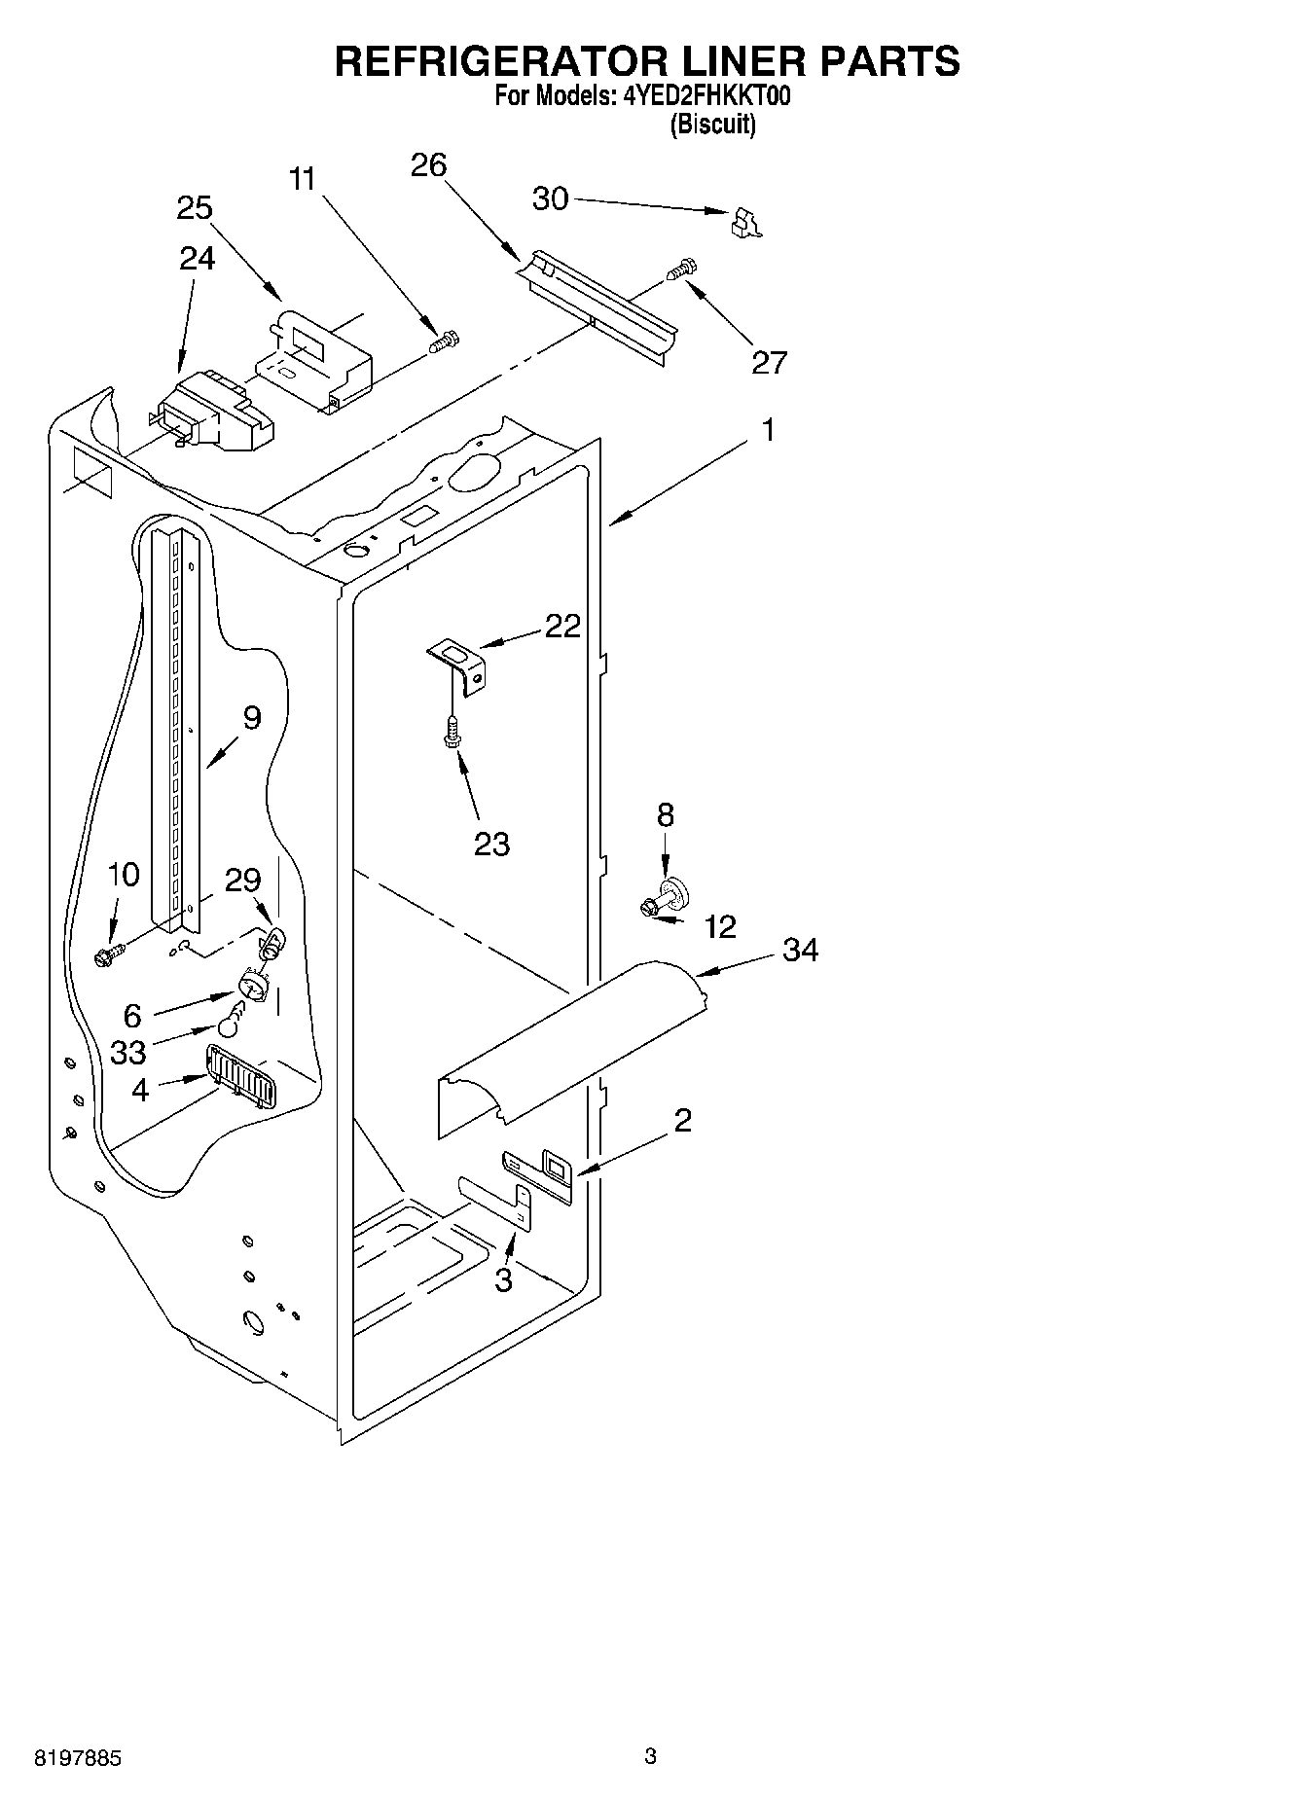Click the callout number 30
550,198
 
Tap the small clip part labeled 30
745,222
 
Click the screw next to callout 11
445,342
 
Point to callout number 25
195,208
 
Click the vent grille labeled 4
239,1075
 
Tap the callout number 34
800,950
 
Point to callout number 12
720,926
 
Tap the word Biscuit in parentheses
712,125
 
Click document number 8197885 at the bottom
78,1758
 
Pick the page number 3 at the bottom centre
650,1756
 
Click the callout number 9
251,718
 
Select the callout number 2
682,1121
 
